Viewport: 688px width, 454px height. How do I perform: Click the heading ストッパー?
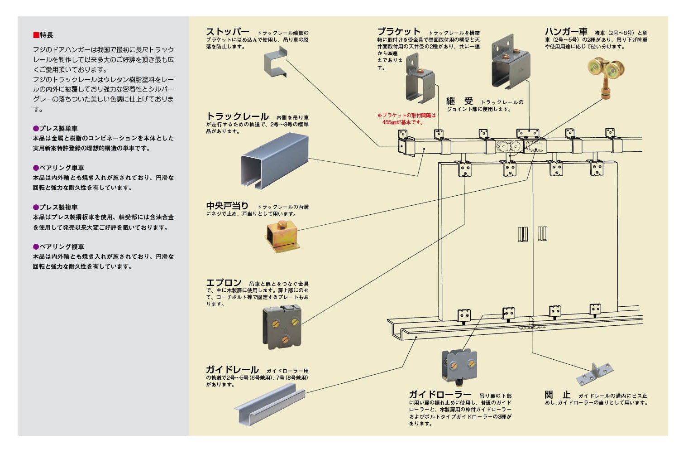click(227, 32)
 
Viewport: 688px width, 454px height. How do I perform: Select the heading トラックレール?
click(237, 116)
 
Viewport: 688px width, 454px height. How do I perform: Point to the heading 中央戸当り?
click(227, 206)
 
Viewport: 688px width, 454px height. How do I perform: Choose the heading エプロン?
click(224, 283)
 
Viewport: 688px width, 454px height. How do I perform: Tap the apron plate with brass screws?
click(282, 327)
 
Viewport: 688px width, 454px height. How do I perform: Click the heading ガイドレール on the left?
click(232, 370)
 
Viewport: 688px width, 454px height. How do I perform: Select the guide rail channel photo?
click(270, 404)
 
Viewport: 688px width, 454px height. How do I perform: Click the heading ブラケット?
click(399, 32)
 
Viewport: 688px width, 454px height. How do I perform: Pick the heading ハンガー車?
click(566, 32)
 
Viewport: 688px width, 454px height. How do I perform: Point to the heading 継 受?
click(459, 101)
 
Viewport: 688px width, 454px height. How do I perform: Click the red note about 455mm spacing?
click(406, 119)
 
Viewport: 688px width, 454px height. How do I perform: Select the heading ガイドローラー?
click(440, 395)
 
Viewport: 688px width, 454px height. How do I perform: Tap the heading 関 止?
click(557, 395)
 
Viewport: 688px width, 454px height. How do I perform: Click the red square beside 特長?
click(36, 35)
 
